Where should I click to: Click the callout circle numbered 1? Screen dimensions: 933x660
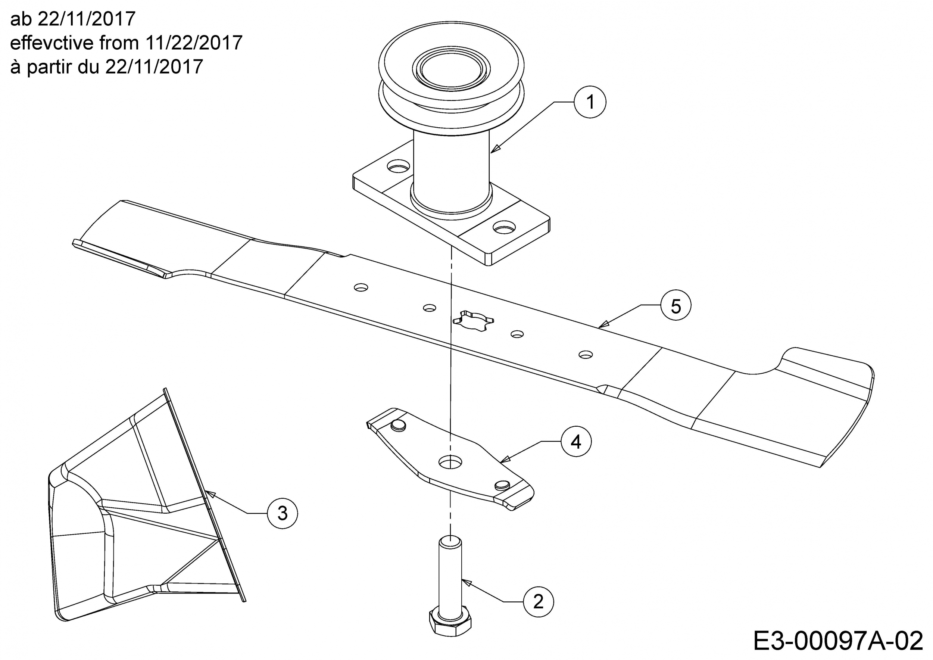[x=590, y=102]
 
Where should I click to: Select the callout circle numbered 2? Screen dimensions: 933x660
[x=539, y=601]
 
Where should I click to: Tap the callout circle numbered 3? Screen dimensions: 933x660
[x=283, y=513]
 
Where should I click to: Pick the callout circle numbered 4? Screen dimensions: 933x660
[x=576, y=441]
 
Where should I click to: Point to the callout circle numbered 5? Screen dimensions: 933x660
[x=676, y=305]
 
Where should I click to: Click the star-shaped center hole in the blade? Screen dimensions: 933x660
[x=473, y=320]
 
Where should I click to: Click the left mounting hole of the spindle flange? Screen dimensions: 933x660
[x=398, y=165]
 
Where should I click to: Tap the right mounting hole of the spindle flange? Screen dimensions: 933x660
[x=504, y=227]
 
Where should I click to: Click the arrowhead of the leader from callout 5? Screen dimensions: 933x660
[x=604, y=324]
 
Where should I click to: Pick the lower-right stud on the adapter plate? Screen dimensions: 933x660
[x=502, y=485]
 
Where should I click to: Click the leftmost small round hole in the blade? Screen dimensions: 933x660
[x=361, y=287]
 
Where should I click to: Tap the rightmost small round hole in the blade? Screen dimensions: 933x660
[x=585, y=354]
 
